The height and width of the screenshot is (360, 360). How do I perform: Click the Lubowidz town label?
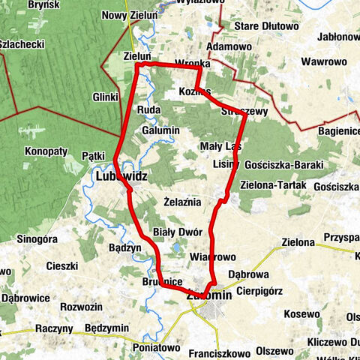tap(121, 176)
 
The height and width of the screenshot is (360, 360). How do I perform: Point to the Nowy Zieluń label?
tap(130, 15)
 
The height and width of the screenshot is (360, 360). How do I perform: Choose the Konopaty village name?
tap(46, 151)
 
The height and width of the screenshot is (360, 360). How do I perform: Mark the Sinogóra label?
tap(37, 239)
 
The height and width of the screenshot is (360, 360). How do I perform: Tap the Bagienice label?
tap(337, 131)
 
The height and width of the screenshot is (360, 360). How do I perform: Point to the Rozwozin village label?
tap(81, 306)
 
